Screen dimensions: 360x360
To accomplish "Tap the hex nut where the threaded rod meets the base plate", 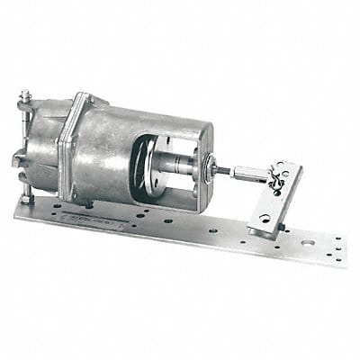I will tap(26, 196).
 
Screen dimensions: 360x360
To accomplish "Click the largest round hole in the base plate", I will tap(310, 241).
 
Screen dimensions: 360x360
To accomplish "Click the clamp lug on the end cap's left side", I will tap(18, 160).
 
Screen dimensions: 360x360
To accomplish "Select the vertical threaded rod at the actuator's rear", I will tap(25, 144).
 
